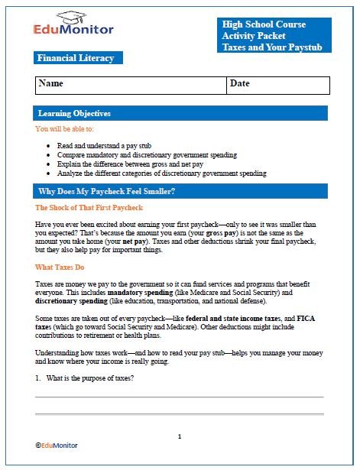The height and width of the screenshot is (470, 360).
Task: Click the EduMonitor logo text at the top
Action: (74, 30)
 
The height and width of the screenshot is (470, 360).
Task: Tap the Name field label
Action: (51, 83)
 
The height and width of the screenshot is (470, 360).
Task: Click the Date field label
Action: (240, 83)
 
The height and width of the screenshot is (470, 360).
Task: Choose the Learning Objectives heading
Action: (74, 113)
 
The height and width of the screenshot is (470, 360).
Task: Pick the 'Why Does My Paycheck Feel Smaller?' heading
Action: (107, 191)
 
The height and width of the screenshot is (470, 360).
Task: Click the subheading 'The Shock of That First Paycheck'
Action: (89, 208)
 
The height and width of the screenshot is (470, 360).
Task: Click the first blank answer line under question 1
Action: (179, 397)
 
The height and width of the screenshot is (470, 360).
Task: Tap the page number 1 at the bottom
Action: (180, 436)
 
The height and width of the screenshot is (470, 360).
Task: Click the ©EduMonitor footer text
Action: (56, 444)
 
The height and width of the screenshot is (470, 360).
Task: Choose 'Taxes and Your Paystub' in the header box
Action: (263, 47)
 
